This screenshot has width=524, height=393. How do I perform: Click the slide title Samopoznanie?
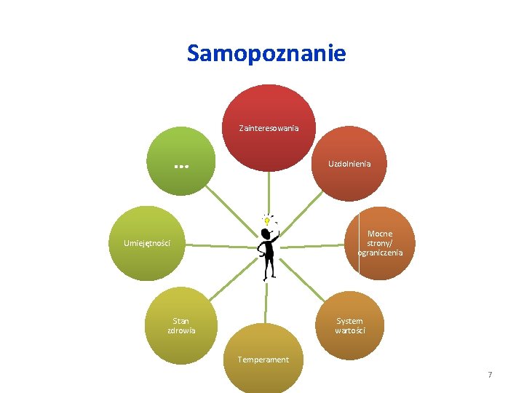coord(266,53)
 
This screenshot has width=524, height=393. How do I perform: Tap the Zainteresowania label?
coord(269,128)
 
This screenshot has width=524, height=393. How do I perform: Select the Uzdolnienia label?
coord(349,164)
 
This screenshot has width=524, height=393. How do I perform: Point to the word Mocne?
coord(380,234)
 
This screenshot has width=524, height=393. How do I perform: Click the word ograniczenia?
coord(380,253)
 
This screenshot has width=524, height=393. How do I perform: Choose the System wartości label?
coord(349,325)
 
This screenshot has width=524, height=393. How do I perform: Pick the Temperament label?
coord(263,360)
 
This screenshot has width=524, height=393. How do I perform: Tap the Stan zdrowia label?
coord(181,325)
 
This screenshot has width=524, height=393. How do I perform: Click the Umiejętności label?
coord(147,243)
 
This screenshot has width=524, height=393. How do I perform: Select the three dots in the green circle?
coord(182,166)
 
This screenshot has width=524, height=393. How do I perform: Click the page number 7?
coord(490,375)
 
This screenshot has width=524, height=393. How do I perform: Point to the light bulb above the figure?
coord(267,220)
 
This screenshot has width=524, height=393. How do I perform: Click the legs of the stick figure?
coord(269,269)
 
